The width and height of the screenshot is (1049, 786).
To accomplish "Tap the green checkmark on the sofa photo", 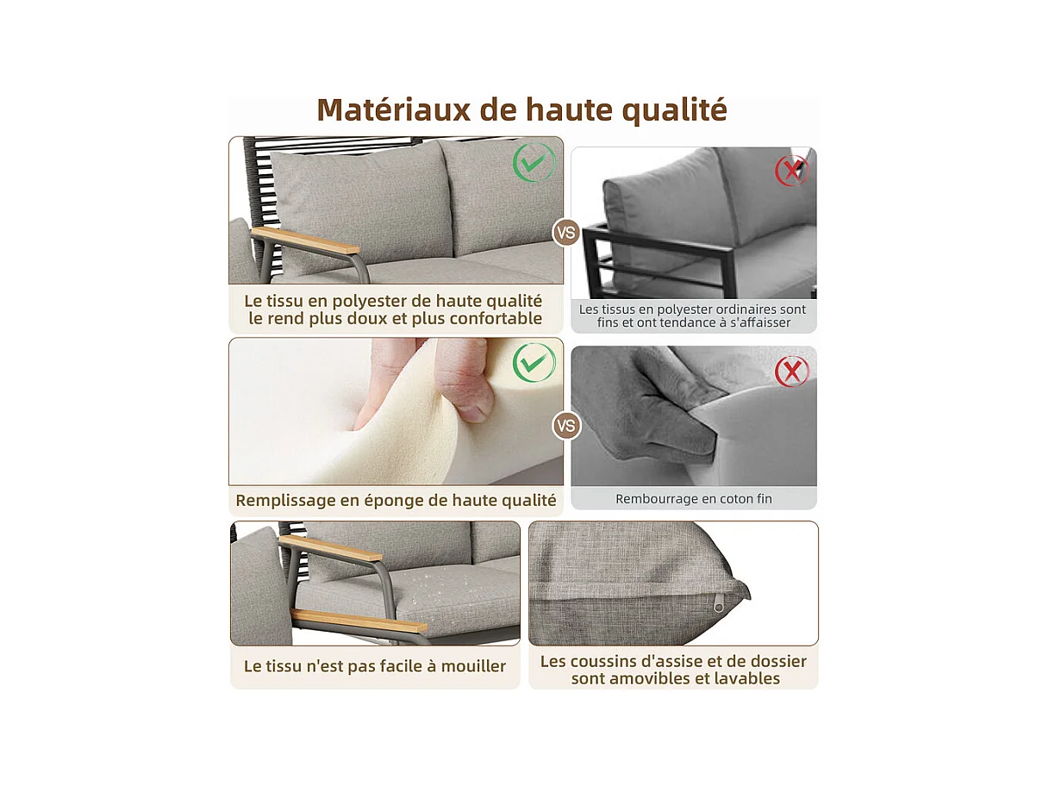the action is click(x=534, y=162).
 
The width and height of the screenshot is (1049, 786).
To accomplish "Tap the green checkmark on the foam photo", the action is click(x=534, y=363).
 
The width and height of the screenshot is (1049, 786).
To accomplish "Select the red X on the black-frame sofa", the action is click(x=791, y=170).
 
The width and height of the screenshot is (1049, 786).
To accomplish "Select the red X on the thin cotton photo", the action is click(x=791, y=371).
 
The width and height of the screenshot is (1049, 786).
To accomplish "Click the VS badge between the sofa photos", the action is click(x=566, y=233).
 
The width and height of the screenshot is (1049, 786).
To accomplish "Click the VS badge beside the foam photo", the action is click(x=566, y=425).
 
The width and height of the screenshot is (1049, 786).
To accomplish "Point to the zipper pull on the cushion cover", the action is click(x=718, y=606).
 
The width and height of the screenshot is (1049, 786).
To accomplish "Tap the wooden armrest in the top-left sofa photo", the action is click(x=306, y=240).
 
